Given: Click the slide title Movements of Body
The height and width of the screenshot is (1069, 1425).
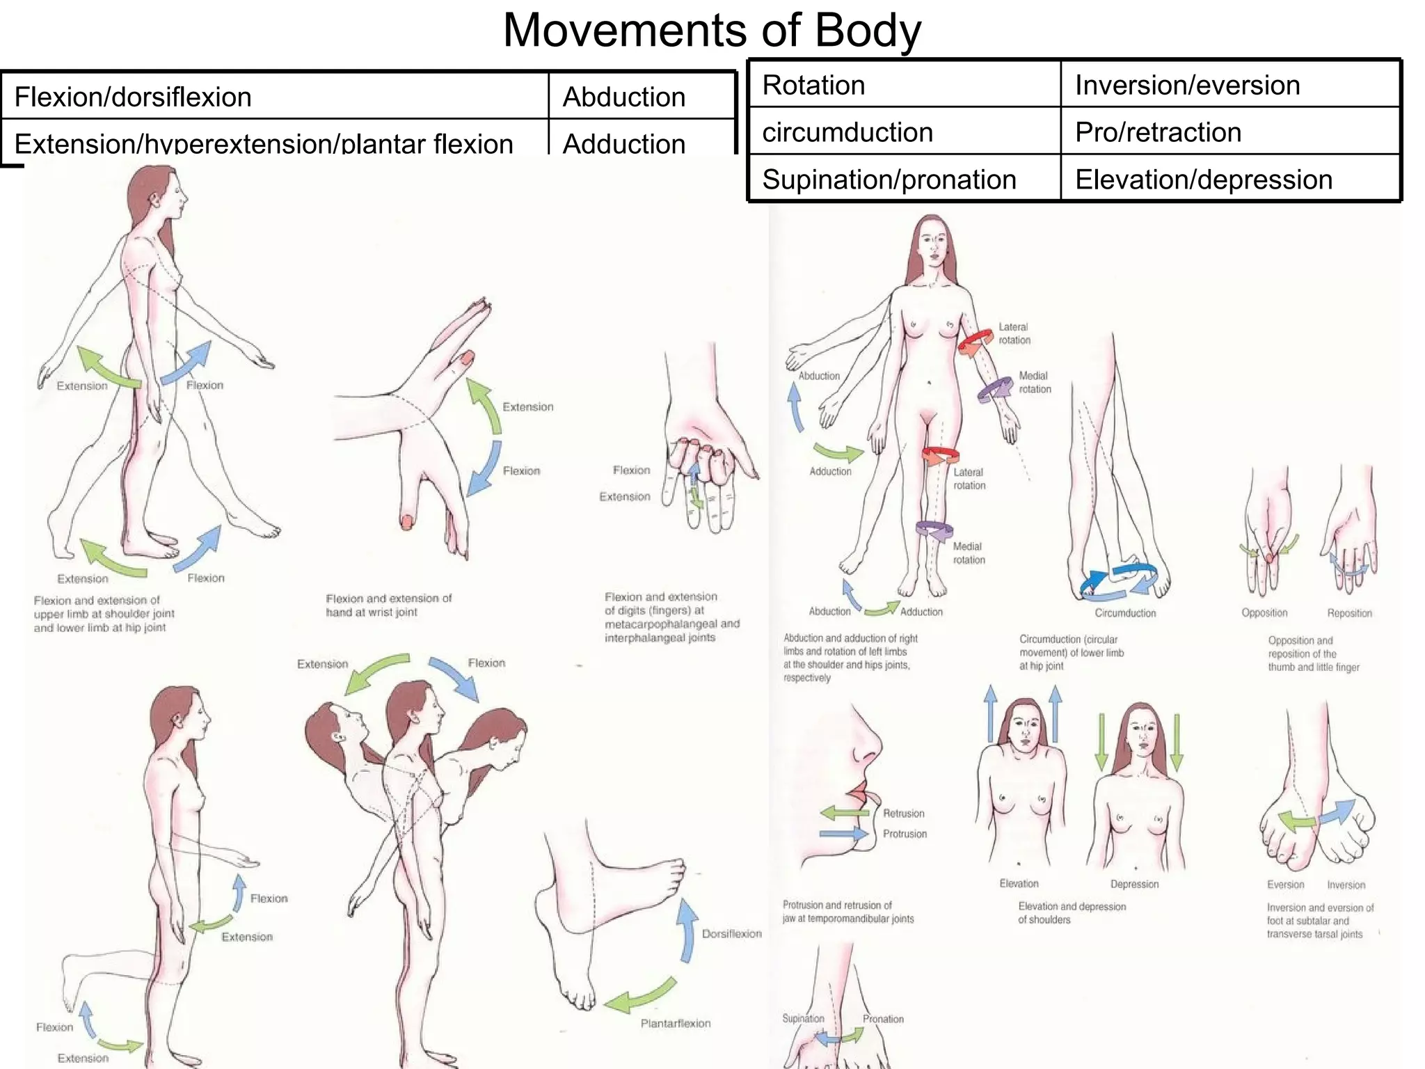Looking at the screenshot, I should tap(712, 31).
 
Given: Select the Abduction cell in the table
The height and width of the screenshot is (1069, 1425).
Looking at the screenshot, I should tap(624, 97).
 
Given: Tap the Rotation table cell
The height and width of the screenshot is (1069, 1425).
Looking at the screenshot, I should tap(813, 85).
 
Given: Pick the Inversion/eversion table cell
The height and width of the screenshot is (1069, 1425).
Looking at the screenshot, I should tap(1187, 85).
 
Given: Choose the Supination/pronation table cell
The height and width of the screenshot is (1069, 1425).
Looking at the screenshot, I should tap(889, 180).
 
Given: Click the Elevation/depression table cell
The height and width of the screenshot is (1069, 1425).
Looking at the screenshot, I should tap(1203, 180).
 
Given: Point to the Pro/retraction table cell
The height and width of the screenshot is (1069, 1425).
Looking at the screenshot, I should tap(1158, 132).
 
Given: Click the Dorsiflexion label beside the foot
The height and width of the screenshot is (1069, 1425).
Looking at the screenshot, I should tap(731, 934).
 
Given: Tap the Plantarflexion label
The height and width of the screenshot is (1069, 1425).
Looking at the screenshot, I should tap(675, 1023).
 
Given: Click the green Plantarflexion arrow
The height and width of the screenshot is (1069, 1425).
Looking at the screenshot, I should tap(640, 997).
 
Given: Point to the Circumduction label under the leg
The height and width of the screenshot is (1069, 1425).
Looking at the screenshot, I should tap(1124, 613).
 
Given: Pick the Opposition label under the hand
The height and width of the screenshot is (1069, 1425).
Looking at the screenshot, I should tap(1264, 613).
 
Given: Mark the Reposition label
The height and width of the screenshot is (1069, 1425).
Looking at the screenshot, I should tap(1349, 613).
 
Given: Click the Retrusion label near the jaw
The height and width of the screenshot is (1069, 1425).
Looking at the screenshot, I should tap(903, 814).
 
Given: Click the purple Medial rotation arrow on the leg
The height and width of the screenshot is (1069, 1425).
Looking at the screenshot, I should tap(934, 530).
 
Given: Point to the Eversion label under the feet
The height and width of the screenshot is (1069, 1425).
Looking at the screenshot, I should tap(1285, 885).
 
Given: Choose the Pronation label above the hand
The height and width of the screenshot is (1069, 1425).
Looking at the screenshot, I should tap(883, 1019).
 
